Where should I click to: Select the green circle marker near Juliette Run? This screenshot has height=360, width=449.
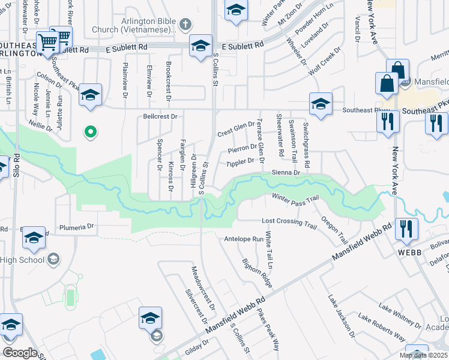(90, 131)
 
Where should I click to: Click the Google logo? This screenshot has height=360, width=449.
(20, 352)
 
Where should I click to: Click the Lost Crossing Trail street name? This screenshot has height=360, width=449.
(289, 223)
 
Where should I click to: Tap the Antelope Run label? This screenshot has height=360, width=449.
(244, 238)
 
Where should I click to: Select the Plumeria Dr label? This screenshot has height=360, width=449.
(78, 227)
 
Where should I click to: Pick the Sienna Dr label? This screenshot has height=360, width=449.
(286, 172)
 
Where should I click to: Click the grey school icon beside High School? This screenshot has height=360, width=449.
(53, 259)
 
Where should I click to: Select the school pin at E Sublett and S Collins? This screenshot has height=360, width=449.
(200, 46)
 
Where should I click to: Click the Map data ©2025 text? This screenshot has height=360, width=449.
(423, 355)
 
